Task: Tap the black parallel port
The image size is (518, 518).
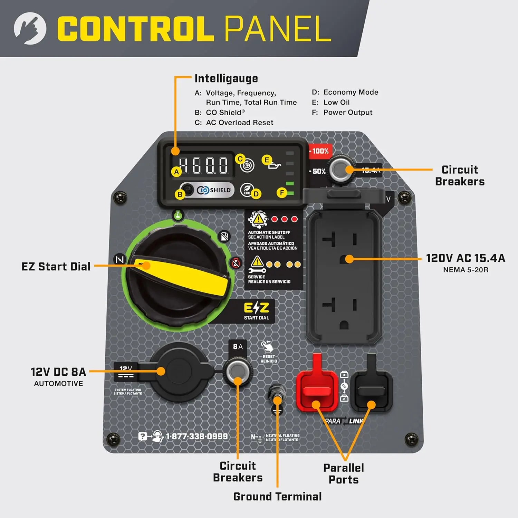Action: click(371, 390)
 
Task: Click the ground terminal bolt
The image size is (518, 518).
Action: click(277, 394)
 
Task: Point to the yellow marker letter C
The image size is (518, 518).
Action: click(240, 159)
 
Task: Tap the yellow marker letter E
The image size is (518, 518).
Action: click(266, 160)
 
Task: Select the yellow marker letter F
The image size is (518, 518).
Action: click(282, 193)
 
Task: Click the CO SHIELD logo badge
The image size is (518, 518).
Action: click(214, 190)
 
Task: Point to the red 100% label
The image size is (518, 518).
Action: click(320, 151)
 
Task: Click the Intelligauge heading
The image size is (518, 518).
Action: click(226, 79)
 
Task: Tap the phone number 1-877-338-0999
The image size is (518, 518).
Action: click(196, 437)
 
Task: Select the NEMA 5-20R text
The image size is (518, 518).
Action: click(466, 270)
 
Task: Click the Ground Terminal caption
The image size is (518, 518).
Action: click(277, 497)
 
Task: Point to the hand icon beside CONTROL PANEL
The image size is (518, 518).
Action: click(30, 28)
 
